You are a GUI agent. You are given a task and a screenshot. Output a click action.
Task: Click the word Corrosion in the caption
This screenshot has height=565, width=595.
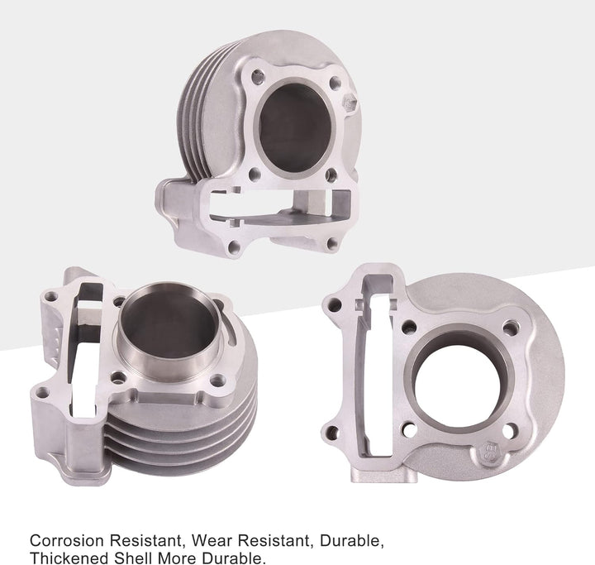pyautogui.click(x=66, y=540)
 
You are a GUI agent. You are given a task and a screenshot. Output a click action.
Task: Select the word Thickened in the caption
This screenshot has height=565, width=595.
pyautogui.click(x=68, y=558)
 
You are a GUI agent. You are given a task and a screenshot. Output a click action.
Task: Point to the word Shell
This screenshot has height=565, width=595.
pyautogui.click(x=132, y=558)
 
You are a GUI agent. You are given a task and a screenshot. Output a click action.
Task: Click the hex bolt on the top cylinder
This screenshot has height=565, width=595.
pyautogui.click(x=349, y=103)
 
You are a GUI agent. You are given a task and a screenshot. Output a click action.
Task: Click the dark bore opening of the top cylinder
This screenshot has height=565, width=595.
pyautogui.click(x=295, y=127)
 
